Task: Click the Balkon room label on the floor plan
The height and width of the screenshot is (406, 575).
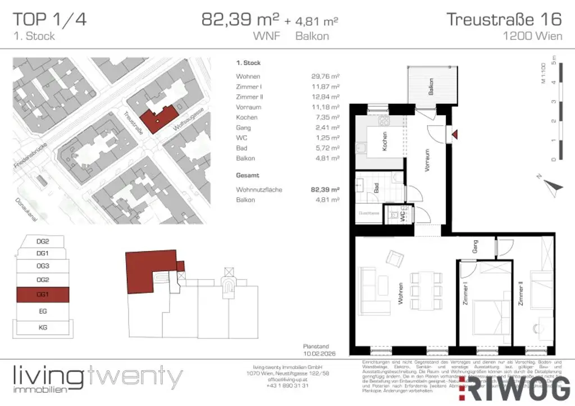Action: (x=431, y=85)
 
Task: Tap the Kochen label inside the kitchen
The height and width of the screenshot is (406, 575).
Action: (x=385, y=140)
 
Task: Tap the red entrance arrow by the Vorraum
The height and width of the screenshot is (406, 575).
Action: (x=455, y=134)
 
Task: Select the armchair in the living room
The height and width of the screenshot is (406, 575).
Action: (x=395, y=259)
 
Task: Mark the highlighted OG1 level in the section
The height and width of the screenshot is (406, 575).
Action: (x=43, y=294)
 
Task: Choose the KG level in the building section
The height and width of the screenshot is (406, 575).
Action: (x=43, y=326)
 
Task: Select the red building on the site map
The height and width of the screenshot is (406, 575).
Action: (x=157, y=117)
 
